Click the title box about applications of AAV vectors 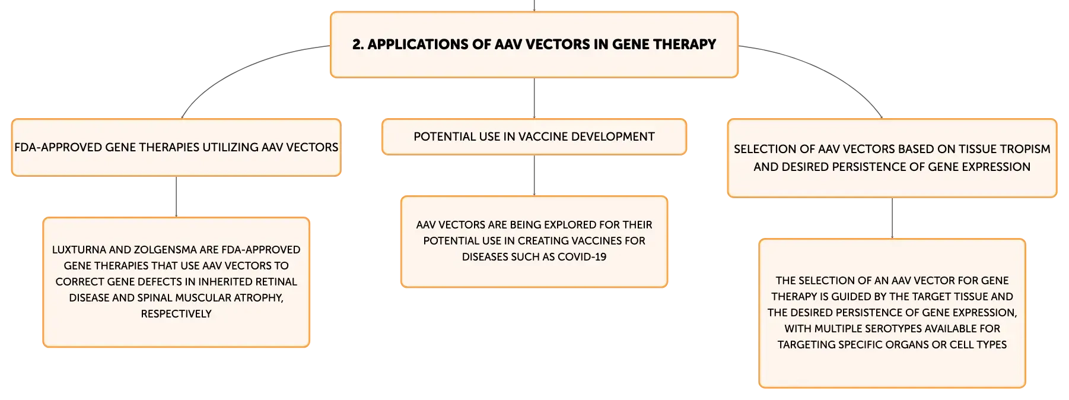pos(534,45)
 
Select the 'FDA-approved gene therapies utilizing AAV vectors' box pos(176,147)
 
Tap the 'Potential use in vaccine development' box pos(534,136)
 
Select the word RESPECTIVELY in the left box pos(176,314)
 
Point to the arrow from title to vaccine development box pos(534,98)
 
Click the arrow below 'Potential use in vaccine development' pos(534,175)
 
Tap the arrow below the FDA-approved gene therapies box pos(176,196)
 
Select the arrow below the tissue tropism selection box pos(892,218)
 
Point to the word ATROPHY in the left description pos(259,298)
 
